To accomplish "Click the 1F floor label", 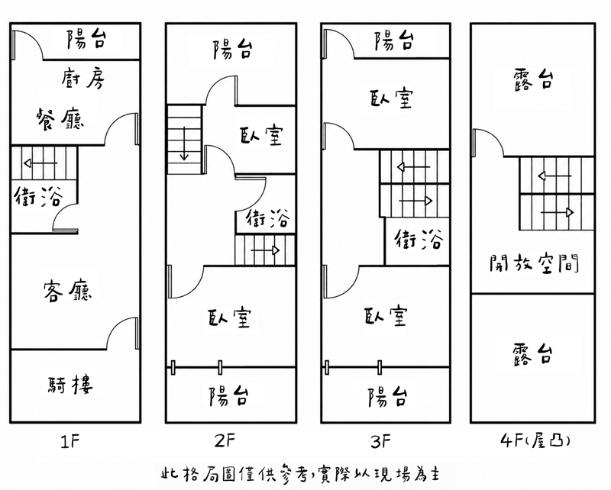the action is [x=71, y=442].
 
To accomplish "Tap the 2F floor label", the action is [x=225, y=441].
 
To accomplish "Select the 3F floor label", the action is [x=380, y=442].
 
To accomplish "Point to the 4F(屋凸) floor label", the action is [x=535, y=441].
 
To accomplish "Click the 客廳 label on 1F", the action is [x=67, y=291].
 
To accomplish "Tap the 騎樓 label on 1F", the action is [x=70, y=385].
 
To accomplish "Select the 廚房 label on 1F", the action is [x=83, y=78].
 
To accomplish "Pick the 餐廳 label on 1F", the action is [x=60, y=119].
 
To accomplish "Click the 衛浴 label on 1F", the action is [x=38, y=196].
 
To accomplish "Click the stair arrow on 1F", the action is [x=40, y=163].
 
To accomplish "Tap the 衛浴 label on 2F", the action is [x=268, y=218].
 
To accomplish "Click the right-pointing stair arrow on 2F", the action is [x=265, y=250].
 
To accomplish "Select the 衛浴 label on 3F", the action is [x=419, y=238].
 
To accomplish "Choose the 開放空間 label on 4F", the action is [x=535, y=263].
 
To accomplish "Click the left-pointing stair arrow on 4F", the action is [x=555, y=176].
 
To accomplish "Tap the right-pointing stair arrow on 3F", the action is [x=416, y=201].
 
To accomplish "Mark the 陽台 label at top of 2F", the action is [x=233, y=49].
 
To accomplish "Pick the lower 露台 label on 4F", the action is [x=532, y=353].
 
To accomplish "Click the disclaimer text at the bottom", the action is [x=301, y=474].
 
